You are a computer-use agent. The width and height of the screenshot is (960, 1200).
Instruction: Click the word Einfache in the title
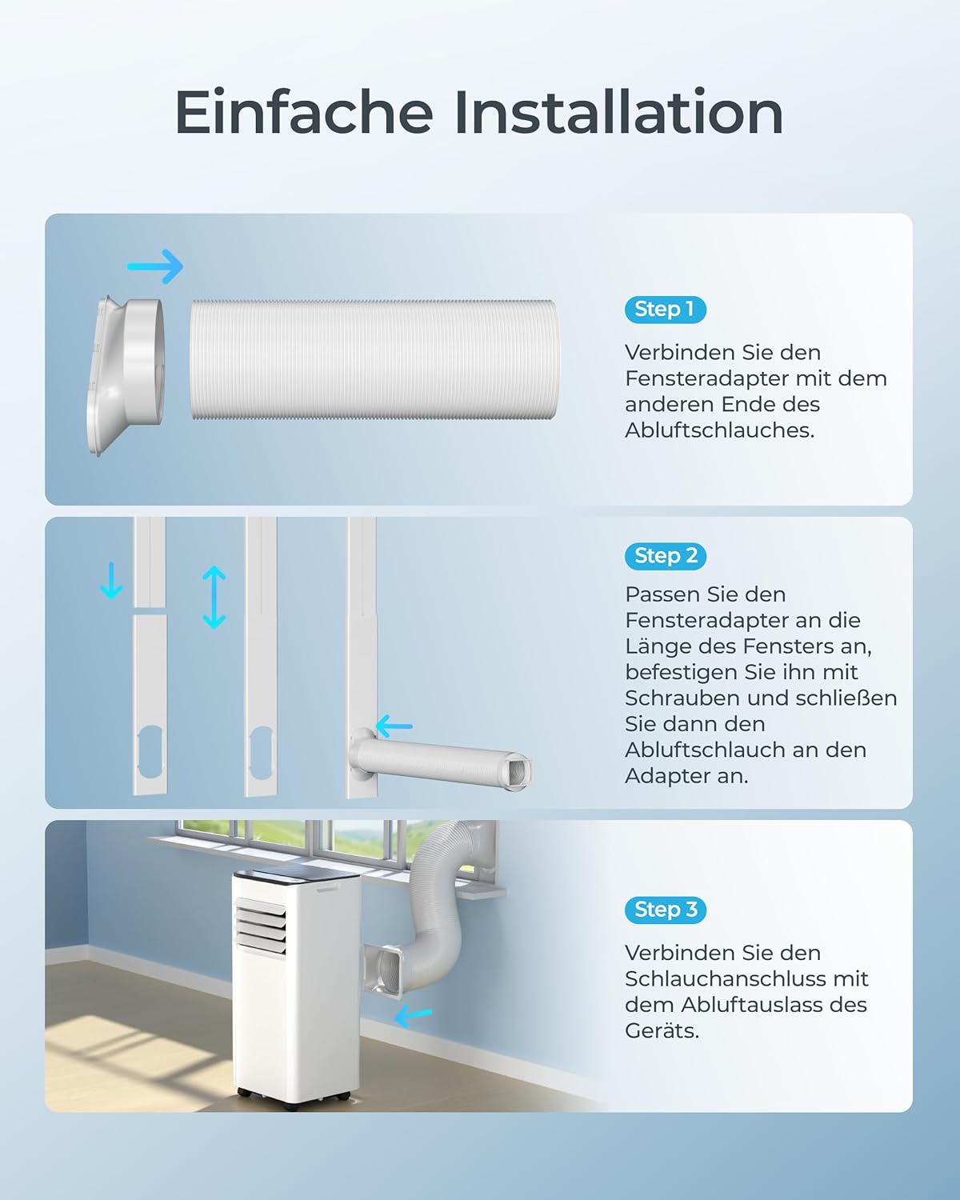303,113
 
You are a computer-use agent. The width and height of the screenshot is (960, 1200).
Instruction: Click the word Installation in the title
618,113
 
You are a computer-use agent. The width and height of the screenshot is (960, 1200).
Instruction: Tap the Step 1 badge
665,310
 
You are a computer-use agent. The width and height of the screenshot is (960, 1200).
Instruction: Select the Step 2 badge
665,556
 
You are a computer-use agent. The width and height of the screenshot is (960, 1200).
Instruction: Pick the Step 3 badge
665,910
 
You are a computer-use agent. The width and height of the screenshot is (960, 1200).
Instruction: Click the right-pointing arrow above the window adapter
156,266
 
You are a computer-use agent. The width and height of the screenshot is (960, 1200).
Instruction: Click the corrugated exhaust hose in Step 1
373,360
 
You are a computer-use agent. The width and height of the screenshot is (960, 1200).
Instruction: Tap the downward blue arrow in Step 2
111,580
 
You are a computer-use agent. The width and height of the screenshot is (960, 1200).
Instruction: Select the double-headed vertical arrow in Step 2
214,597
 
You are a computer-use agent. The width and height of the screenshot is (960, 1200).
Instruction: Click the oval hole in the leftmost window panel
150,751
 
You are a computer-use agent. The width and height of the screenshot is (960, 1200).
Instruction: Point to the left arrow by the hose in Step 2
394,726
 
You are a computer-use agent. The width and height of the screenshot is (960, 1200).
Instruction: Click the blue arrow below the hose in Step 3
414,1017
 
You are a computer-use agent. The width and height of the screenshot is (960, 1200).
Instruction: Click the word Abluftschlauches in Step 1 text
719,430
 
